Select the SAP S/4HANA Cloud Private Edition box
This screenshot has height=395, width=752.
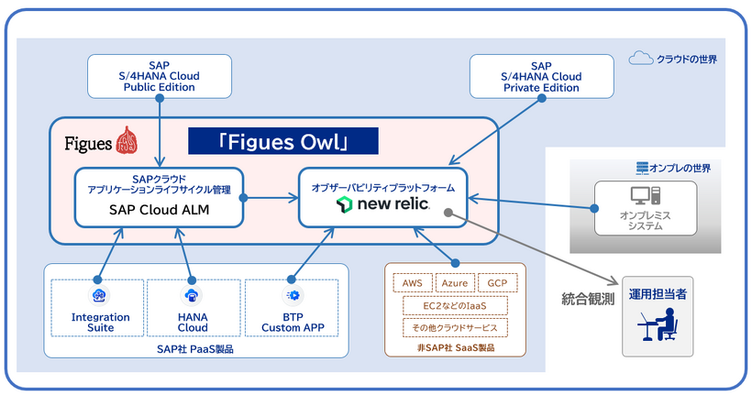(x=542, y=76)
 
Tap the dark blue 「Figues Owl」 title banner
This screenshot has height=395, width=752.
(x=283, y=140)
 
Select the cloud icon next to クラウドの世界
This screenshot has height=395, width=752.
(x=640, y=59)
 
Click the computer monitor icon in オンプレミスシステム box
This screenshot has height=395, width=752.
(x=641, y=195)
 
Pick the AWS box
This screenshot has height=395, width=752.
(x=413, y=283)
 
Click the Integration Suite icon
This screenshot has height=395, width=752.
(x=101, y=295)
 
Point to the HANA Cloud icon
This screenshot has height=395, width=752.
(x=193, y=295)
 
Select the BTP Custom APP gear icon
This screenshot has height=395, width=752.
(x=293, y=295)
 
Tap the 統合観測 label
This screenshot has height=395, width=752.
(x=588, y=298)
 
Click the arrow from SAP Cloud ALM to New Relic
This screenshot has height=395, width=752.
(x=271, y=195)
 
